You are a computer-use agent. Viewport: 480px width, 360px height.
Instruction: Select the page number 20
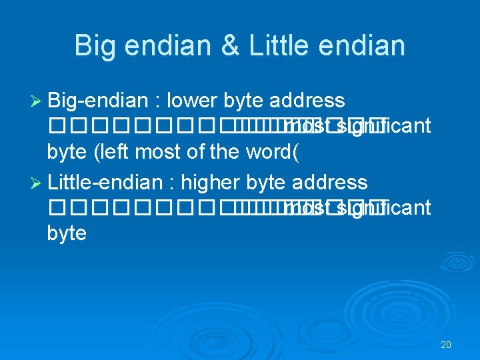(x=446, y=345)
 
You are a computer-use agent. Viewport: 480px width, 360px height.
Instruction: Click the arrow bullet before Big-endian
(x=37, y=101)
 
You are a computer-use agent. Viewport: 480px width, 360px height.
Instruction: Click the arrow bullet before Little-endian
(x=37, y=183)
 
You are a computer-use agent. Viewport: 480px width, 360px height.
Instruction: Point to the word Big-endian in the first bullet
(x=97, y=101)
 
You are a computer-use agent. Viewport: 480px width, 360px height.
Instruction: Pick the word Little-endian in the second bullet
(x=105, y=183)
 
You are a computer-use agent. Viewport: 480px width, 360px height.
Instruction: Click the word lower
(x=193, y=101)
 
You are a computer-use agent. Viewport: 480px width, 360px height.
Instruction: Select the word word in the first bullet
(x=275, y=153)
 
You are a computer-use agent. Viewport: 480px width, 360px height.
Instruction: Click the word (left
(x=113, y=153)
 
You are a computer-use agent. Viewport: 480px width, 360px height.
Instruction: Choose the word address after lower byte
(x=307, y=101)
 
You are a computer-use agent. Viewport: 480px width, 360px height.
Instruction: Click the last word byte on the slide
(x=67, y=234)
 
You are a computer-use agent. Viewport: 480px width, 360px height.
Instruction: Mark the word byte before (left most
(x=67, y=153)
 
